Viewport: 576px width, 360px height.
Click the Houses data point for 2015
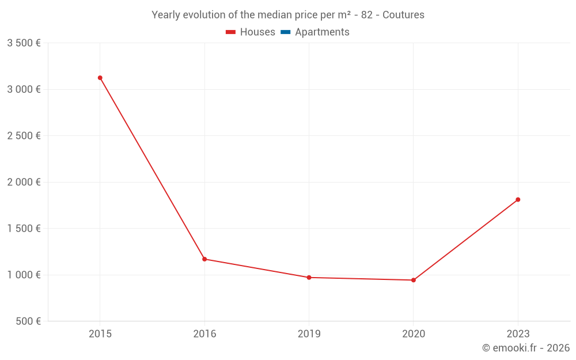(100, 78)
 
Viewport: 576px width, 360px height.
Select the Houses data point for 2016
(204, 259)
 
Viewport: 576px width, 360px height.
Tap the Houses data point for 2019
(309, 278)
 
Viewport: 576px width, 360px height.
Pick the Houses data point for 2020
(414, 280)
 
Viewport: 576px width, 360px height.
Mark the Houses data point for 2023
(518, 199)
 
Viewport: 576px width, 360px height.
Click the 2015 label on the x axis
(100, 334)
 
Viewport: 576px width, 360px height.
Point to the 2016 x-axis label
(204, 334)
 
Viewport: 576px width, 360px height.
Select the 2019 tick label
(309, 334)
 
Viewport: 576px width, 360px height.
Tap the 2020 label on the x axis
(414, 334)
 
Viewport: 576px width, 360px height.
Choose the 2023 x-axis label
(518, 334)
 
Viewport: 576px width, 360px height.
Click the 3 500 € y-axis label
(24, 43)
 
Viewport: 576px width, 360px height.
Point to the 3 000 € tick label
(24, 89)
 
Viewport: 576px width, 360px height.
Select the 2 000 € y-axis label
(24, 182)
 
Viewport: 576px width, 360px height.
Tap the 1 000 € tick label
(24, 275)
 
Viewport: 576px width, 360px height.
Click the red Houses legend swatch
(230, 32)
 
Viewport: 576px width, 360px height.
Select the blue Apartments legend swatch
(285, 32)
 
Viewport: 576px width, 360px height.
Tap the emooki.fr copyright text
(526, 348)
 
